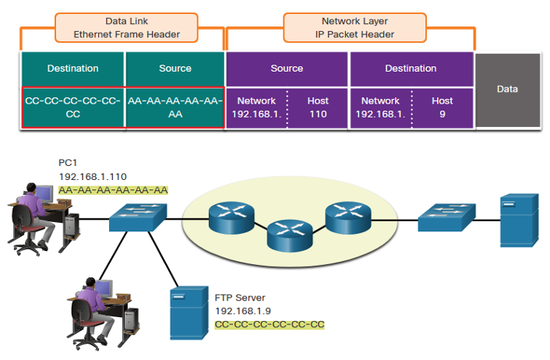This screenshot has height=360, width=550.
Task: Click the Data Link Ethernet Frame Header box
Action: pyautogui.click(x=126, y=28)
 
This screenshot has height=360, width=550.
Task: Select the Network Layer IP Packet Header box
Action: pyautogui.click(x=354, y=28)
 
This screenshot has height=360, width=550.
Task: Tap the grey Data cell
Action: pyautogui.click(x=508, y=90)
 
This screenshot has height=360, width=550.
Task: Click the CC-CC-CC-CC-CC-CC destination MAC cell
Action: pyautogui.click(x=73, y=108)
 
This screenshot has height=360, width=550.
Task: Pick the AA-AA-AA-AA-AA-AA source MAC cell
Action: pyautogui.click(x=175, y=108)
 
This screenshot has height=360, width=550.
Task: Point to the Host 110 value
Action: pyautogui.click(x=318, y=108)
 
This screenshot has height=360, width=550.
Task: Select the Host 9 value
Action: pyautogui.click(x=442, y=108)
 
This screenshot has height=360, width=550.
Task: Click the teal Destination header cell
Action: pyautogui.click(x=73, y=69)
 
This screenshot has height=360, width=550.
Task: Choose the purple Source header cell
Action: pyautogui.click(x=287, y=69)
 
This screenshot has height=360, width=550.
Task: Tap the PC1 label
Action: pyautogui.click(x=68, y=163)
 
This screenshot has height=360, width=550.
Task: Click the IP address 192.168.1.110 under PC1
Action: pyautogui.click(x=93, y=176)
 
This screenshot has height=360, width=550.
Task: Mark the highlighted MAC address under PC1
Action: pyautogui.click(x=113, y=190)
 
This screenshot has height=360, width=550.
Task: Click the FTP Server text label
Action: pyautogui.click(x=240, y=298)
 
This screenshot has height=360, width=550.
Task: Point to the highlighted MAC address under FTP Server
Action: pyautogui.click(x=270, y=325)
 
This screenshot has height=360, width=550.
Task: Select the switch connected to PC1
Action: pyautogui.click(x=138, y=217)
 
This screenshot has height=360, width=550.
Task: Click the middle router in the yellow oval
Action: pyautogui.click(x=290, y=235)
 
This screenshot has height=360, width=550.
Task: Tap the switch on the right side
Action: pyautogui.click(x=446, y=217)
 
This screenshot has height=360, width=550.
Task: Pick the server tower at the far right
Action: pyautogui.click(x=519, y=221)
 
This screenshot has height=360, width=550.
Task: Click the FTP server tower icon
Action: pyautogui.click(x=189, y=313)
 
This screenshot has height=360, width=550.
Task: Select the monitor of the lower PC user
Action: pyautogui.click(x=104, y=289)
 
